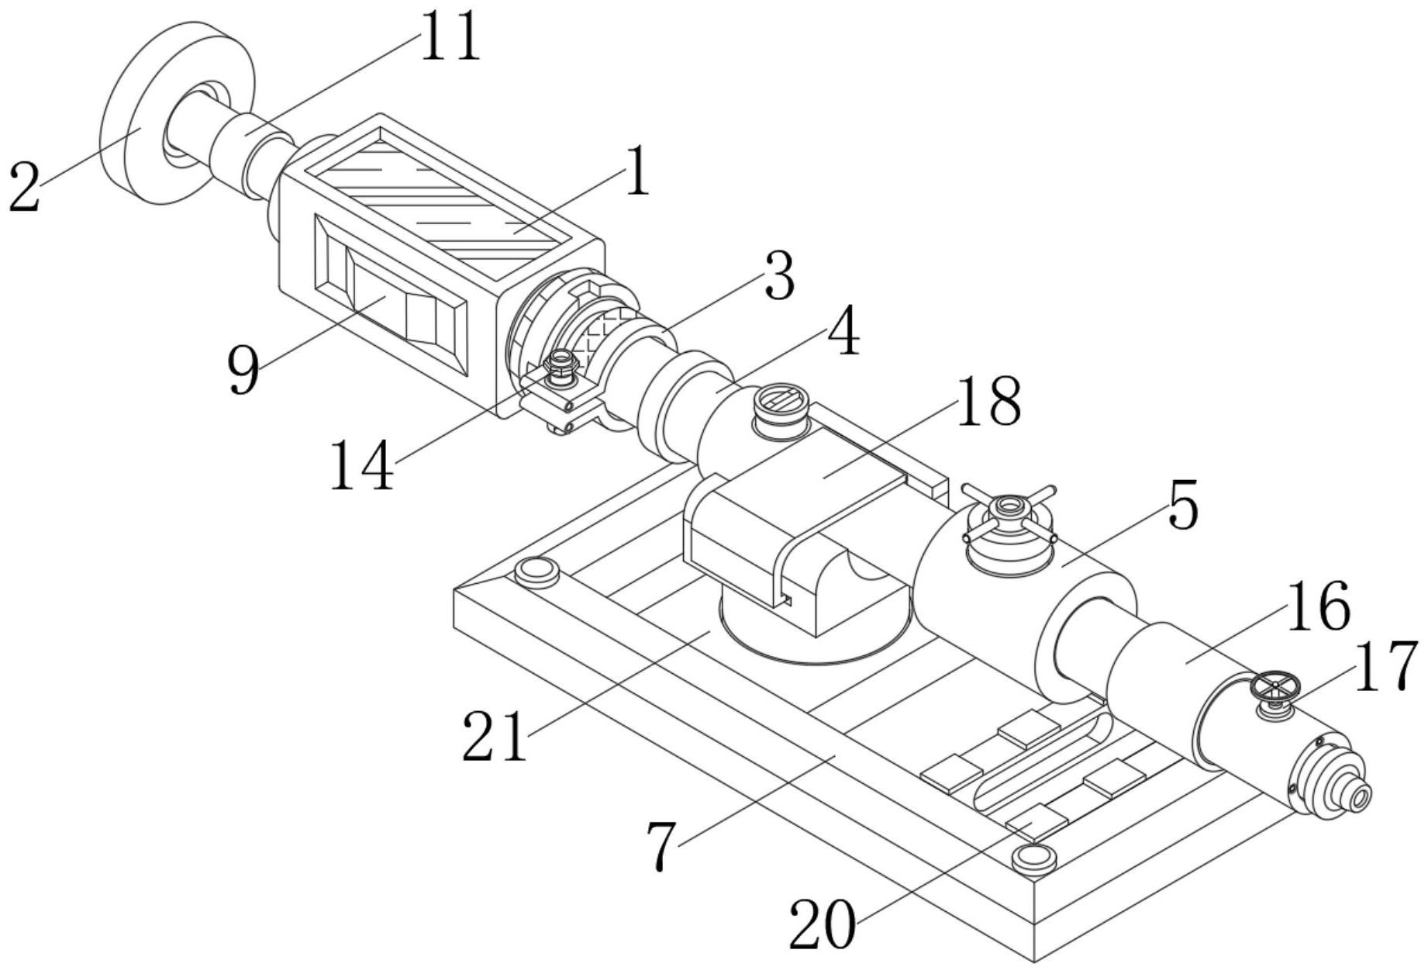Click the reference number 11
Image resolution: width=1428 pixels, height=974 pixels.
450,37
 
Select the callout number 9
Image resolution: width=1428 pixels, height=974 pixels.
243,370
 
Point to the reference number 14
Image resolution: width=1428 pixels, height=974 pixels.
361,465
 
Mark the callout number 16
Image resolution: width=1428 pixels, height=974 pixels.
1318,606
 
